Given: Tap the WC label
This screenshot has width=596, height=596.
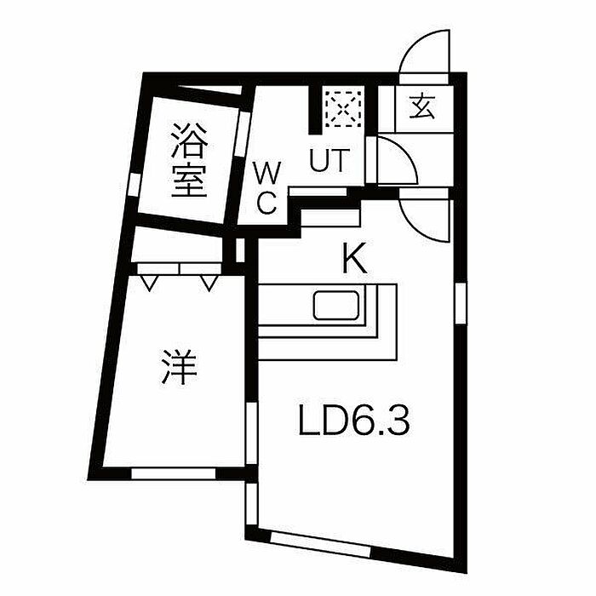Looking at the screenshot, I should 267,188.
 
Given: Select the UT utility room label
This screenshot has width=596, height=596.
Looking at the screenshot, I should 329,162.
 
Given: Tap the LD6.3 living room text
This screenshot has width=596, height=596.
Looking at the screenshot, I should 354,421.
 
